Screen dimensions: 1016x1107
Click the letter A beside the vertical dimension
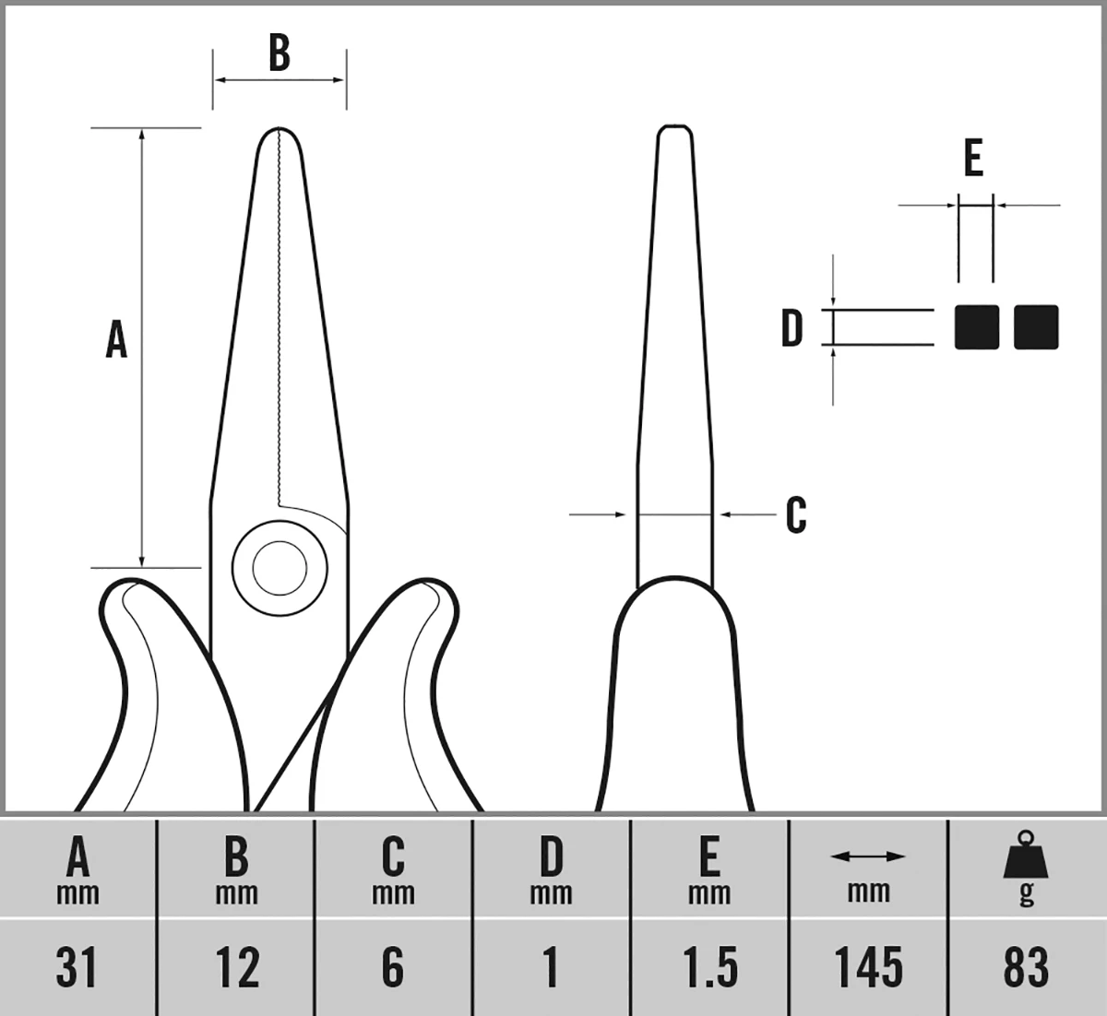(x=116, y=339)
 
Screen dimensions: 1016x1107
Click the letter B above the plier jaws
(x=279, y=53)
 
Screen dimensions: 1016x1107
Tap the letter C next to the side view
(x=796, y=515)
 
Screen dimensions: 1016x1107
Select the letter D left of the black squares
(x=792, y=328)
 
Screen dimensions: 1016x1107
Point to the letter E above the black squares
(x=973, y=159)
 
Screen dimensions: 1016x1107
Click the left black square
(x=977, y=327)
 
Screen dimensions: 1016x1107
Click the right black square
(x=1036, y=327)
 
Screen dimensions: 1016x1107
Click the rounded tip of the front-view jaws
(x=279, y=134)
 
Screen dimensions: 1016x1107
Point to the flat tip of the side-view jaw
(x=674, y=128)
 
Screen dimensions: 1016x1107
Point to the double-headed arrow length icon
(x=868, y=857)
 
